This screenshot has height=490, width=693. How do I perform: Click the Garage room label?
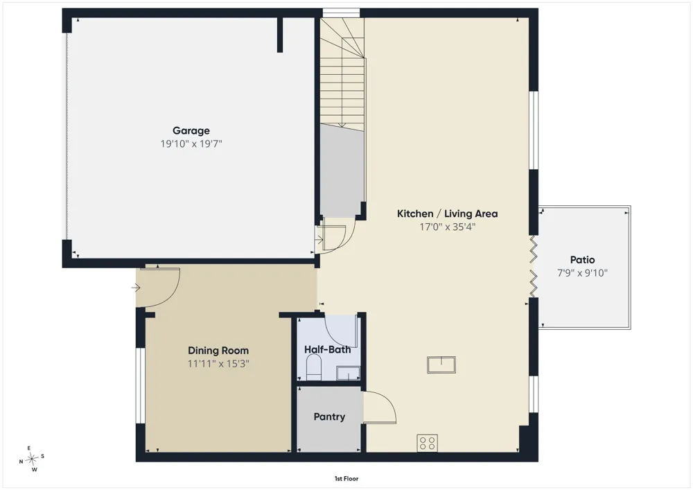191,131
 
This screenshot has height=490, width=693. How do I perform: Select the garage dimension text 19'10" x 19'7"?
191,143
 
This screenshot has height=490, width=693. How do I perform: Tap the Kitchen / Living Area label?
447,214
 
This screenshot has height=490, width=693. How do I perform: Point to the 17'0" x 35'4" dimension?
447,227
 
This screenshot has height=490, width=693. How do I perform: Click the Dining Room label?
218,351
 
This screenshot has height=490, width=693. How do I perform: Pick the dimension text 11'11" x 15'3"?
218,364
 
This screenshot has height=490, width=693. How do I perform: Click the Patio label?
583,260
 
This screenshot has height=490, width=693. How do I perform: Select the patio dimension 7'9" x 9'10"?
583,273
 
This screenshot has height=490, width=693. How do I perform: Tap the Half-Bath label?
328,350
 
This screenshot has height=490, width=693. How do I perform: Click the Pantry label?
329,417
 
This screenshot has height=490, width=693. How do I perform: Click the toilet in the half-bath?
314,369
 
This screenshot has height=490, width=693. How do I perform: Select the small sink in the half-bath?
349,374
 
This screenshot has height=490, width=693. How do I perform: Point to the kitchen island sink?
441,365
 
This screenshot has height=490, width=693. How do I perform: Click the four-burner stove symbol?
428,443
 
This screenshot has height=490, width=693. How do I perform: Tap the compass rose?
32,459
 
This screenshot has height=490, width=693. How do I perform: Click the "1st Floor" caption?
346,478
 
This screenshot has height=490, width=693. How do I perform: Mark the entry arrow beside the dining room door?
136,288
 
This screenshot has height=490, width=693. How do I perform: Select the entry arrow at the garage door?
319,240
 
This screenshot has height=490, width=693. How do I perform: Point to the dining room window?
140,386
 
